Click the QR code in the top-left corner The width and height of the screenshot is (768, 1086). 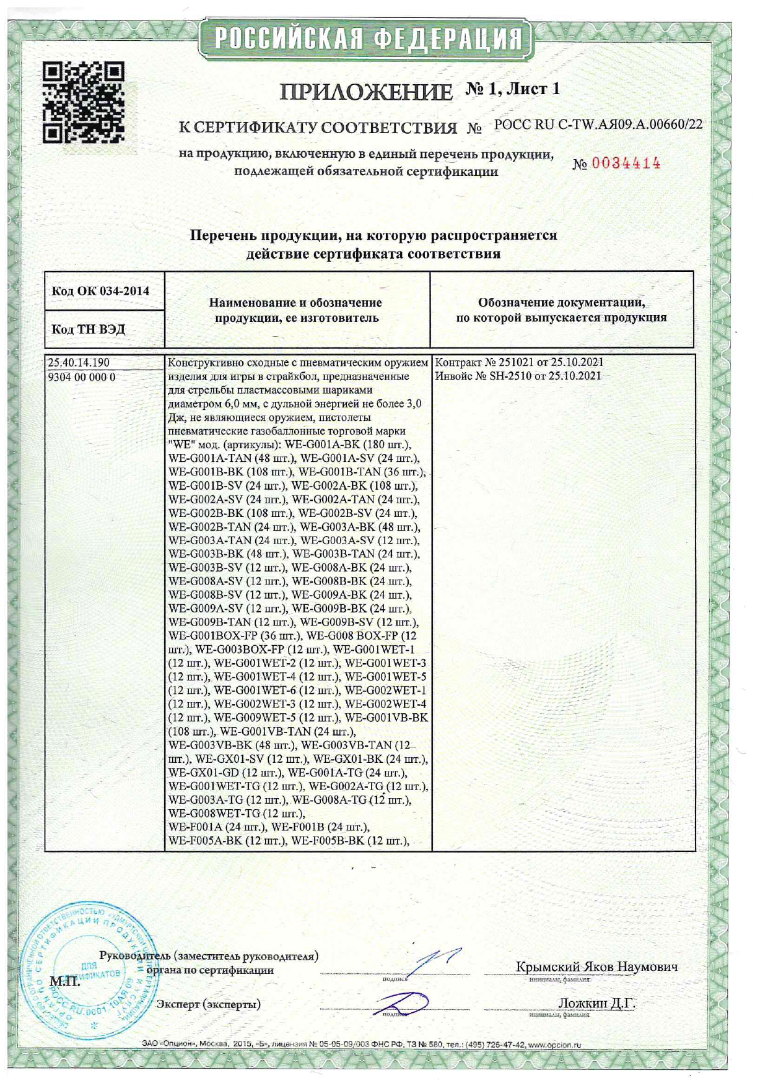pyautogui.click(x=84, y=102)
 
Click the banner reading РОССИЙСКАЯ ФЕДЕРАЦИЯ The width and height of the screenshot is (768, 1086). pyautogui.click(x=367, y=40)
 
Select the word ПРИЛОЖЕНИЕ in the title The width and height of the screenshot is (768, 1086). pyautogui.click(x=366, y=92)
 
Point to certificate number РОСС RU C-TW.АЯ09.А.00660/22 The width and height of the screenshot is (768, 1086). pyautogui.click(x=598, y=124)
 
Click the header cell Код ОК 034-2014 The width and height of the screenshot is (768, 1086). pyautogui.click(x=100, y=291)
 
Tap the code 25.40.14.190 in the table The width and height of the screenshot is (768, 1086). pyautogui.click(x=79, y=363)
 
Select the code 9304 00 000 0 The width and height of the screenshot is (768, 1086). pyautogui.click(x=82, y=377)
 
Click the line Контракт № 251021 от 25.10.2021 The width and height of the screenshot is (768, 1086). pyautogui.click(x=519, y=362)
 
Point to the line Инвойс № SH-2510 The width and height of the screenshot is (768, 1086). pyautogui.click(x=518, y=376)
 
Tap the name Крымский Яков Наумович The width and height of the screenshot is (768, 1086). pyautogui.click(x=596, y=967)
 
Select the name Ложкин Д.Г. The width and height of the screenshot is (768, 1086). pyautogui.click(x=596, y=1003)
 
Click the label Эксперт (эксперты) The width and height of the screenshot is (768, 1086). pyautogui.click(x=208, y=1004)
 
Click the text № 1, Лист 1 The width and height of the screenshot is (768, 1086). pyautogui.click(x=513, y=89)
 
